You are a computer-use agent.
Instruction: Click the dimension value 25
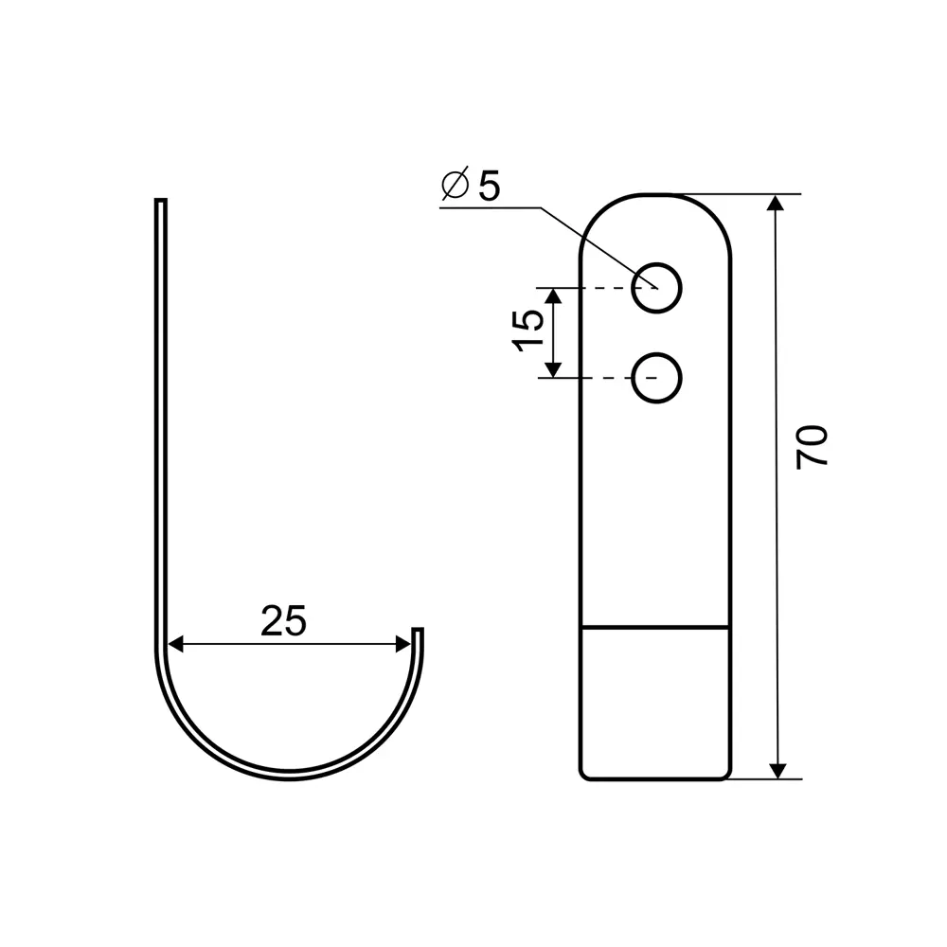[x=284, y=620]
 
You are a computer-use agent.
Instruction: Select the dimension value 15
[x=528, y=330]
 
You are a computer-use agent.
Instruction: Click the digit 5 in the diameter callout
[x=490, y=186]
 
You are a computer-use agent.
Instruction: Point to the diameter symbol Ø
[x=456, y=183]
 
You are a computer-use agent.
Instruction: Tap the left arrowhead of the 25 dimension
[x=175, y=644]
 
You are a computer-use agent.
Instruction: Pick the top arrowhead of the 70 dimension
[x=776, y=203]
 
